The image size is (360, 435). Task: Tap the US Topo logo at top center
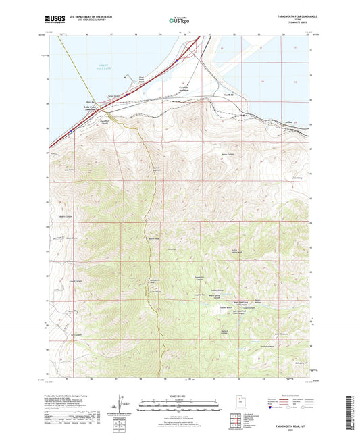(179, 20)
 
